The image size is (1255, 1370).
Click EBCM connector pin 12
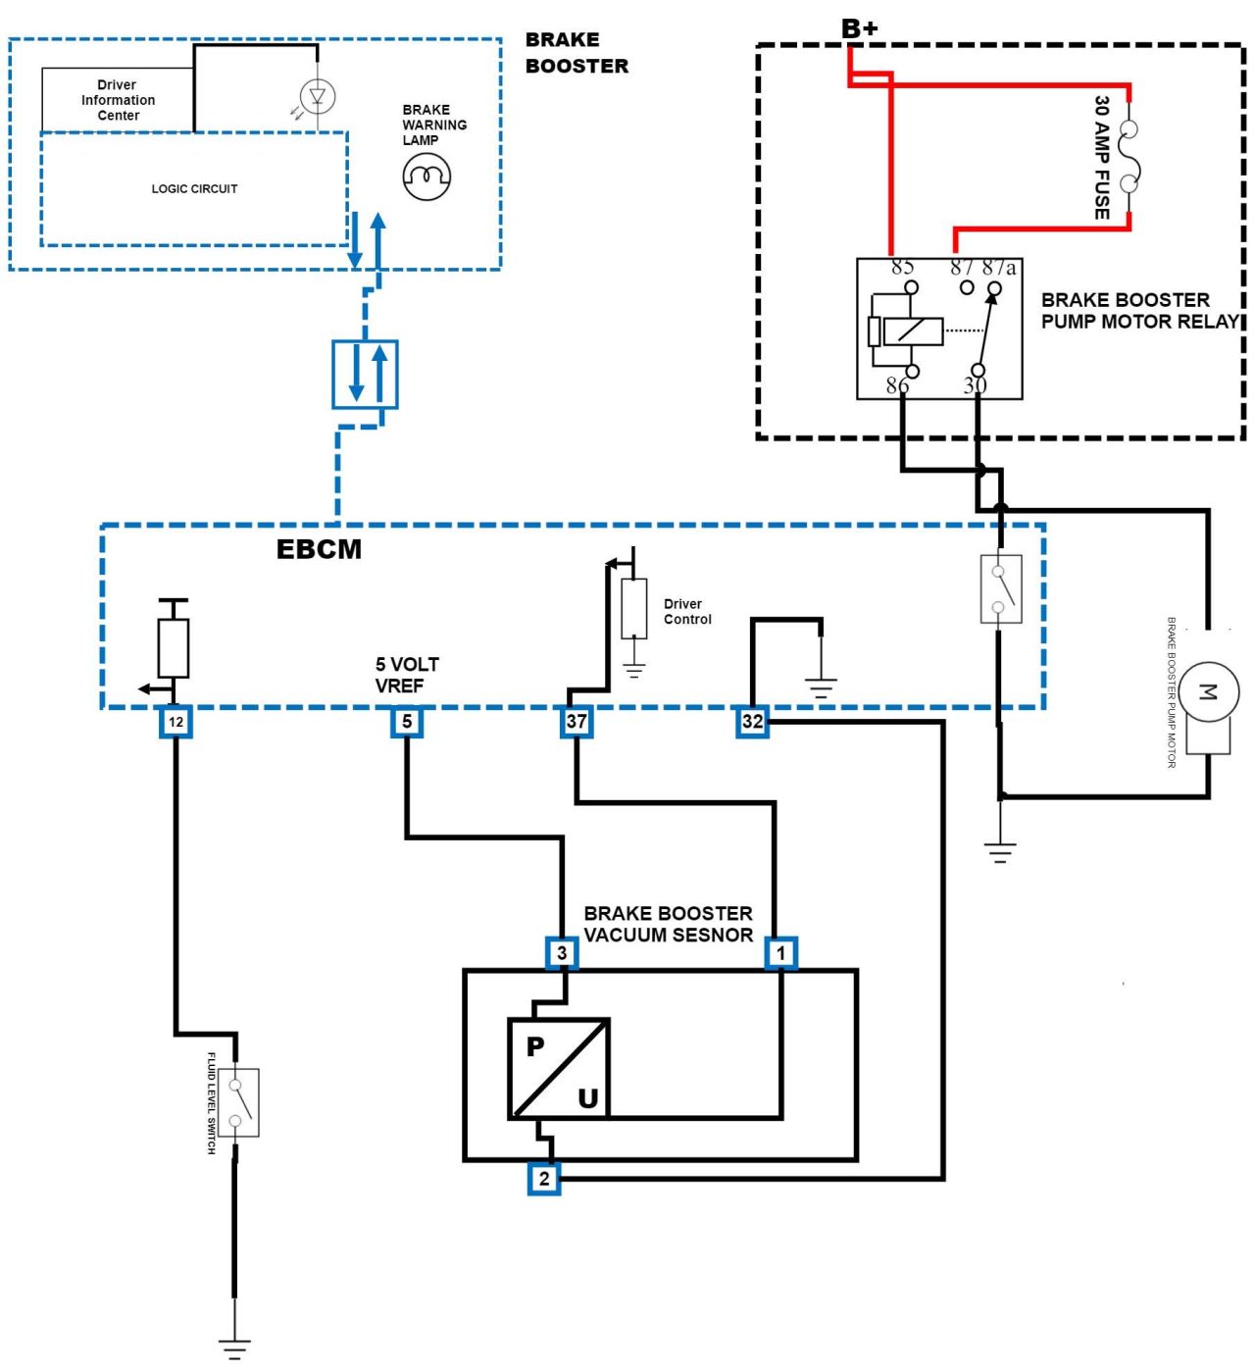pos(176,722)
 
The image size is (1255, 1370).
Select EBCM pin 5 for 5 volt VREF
pos(407,722)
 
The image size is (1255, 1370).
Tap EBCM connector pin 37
pos(577,722)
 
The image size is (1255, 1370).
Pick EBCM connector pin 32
pos(752,722)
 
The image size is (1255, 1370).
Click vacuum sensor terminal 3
pos(562,952)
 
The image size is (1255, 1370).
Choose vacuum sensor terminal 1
pos(781,952)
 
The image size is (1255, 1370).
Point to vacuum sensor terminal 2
pos(544,1178)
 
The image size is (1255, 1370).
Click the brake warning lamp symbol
pos(427,177)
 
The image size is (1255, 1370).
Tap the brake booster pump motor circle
pos(1208,692)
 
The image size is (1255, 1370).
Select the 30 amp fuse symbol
pos(1129,157)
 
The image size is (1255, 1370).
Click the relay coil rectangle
pos(912,331)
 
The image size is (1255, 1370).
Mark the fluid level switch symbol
pos(238,1102)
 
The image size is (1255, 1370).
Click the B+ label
pos(859,28)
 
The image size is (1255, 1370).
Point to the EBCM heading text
pos(319,549)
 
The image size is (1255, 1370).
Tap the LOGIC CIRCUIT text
pos(194,188)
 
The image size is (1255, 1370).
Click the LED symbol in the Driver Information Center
pos(317,96)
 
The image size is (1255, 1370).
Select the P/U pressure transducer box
pos(559,1069)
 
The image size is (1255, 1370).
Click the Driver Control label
pos(687,612)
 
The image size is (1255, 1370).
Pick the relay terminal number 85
pos(902,267)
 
